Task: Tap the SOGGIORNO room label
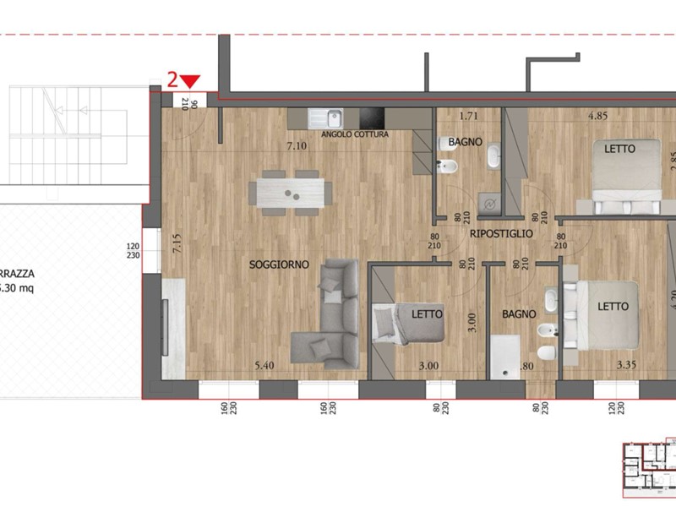tap(278, 264)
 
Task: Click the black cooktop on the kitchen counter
tap(372, 118)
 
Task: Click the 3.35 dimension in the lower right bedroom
tap(626, 366)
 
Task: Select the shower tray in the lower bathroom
tap(507, 355)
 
